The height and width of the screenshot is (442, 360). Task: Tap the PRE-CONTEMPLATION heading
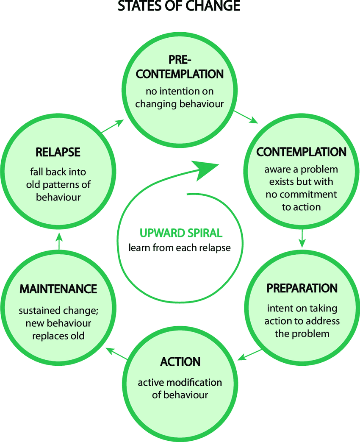[180, 67]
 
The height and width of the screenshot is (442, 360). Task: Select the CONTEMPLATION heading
[301, 152]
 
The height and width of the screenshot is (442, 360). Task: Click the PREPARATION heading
[302, 288]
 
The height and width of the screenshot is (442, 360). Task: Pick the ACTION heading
[180, 362]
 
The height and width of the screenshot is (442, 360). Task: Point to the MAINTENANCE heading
[58, 289]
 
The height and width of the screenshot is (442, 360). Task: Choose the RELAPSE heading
[58, 152]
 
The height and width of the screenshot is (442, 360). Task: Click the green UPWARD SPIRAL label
[180, 233]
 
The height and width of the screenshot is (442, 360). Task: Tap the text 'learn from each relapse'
[180, 247]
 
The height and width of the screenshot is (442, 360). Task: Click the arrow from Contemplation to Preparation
[302, 238]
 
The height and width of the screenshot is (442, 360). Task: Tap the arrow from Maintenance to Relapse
[59, 240]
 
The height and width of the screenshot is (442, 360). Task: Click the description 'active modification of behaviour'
[180, 389]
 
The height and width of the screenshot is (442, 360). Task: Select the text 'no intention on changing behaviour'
[180, 97]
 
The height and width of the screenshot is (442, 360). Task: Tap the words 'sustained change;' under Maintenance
[58, 311]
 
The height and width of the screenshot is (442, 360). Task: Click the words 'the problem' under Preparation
[302, 333]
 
